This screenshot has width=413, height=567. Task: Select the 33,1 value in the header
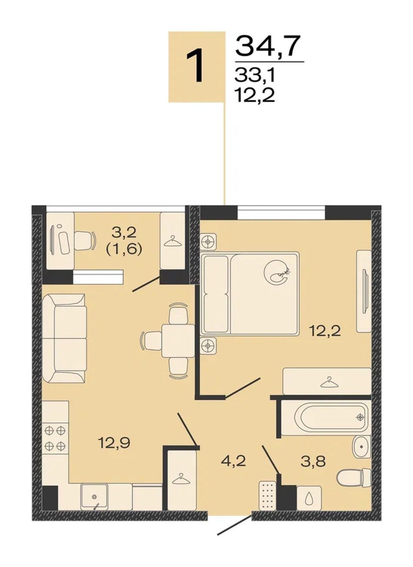(255, 76)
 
